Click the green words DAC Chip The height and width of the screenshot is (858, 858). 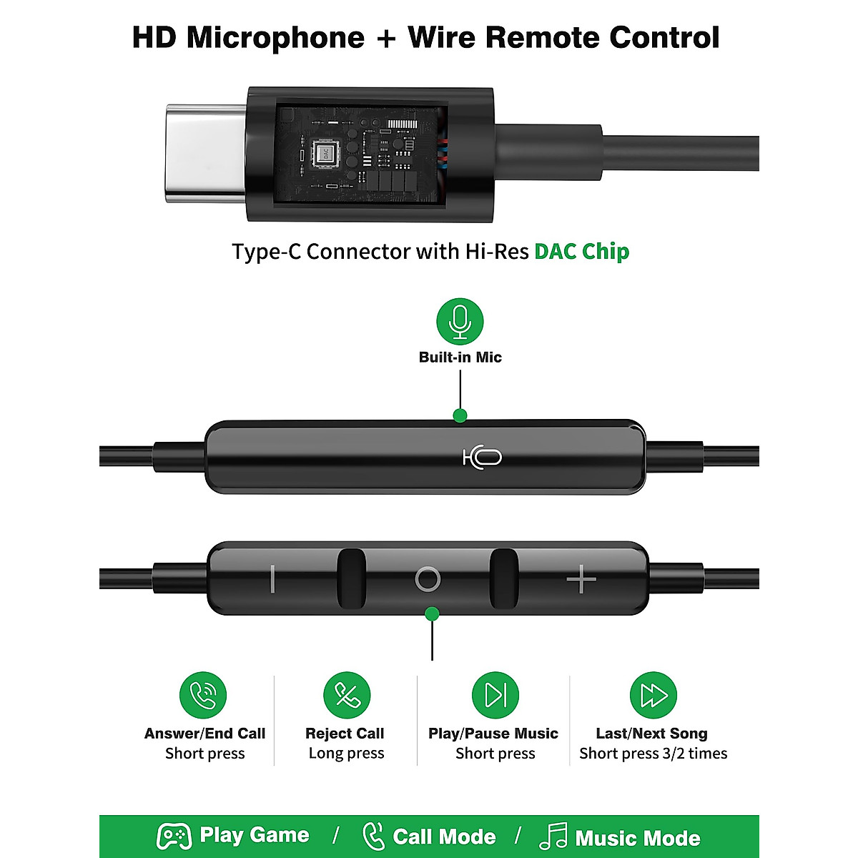(581, 252)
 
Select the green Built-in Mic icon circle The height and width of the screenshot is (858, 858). (460, 322)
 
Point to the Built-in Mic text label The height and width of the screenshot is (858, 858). (460, 357)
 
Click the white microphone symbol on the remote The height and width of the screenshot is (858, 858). (483, 457)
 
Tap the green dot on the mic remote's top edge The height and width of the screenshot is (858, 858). (460, 415)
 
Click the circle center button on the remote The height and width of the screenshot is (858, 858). (428, 578)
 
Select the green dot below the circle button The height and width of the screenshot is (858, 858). (432, 613)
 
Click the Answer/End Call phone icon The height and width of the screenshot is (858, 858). (203, 695)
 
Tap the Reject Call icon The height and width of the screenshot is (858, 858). (347, 695)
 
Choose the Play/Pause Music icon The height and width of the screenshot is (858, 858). (495, 695)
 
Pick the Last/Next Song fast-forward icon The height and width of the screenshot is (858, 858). (653, 695)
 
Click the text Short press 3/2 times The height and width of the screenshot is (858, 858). (653, 754)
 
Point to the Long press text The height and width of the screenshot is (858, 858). (347, 754)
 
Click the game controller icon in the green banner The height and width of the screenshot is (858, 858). (174, 836)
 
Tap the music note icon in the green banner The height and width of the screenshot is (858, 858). (553, 836)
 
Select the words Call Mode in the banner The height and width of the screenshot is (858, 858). (444, 837)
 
